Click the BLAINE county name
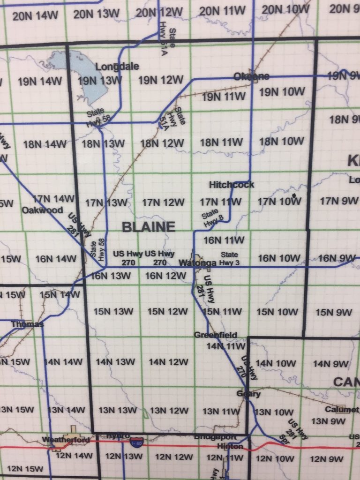click(148, 227)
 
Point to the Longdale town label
click(117, 67)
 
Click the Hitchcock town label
click(232, 185)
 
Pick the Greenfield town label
click(216, 335)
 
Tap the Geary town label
click(248, 394)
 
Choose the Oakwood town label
click(42, 210)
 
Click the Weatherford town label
click(65, 440)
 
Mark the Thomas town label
click(27, 324)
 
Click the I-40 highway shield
click(136, 442)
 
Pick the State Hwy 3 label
click(229, 259)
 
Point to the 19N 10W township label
click(282, 92)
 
